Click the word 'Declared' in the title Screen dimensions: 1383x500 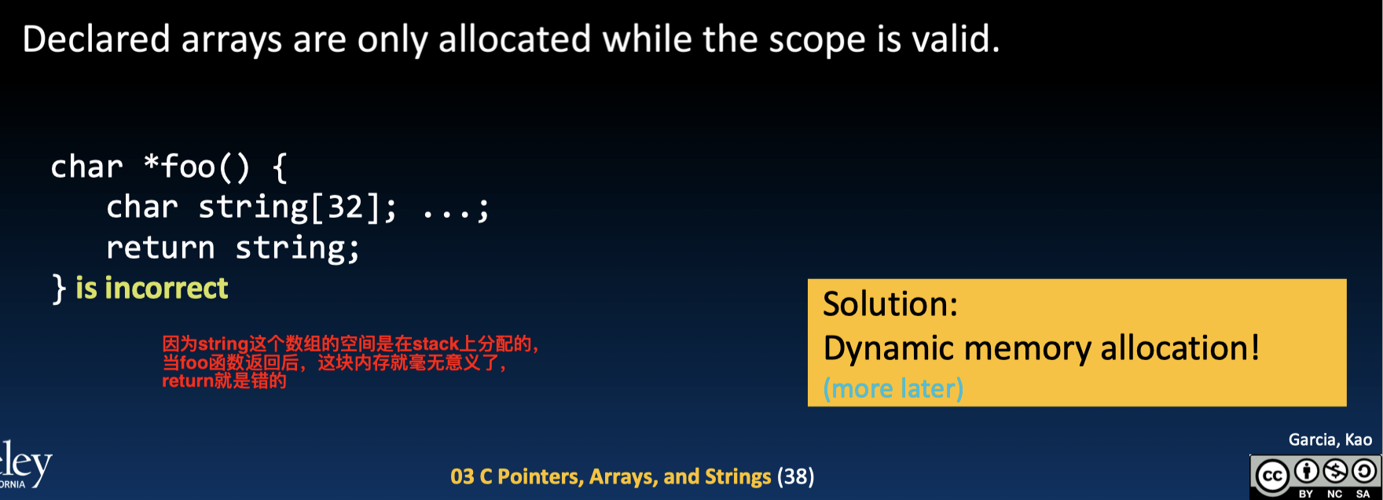[96, 39]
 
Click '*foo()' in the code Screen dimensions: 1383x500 [197, 167]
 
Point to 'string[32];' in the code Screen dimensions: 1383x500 [298, 208]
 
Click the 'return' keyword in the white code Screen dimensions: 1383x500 [160, 248]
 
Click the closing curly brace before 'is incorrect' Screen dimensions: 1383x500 [59, 289]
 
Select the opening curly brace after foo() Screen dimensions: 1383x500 [279, 167]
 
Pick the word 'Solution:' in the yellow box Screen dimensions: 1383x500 [890, 304]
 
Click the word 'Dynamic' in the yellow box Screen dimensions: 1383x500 [879, 349]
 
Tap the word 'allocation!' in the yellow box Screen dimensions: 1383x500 [1179, 347]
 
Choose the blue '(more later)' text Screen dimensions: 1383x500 [893, 388]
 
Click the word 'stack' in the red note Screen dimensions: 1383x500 [436, 344]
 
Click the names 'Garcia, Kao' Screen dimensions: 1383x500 [1330, 440]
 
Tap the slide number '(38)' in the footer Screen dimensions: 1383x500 [795, 477]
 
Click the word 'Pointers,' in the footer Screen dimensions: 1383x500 [541, 477]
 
